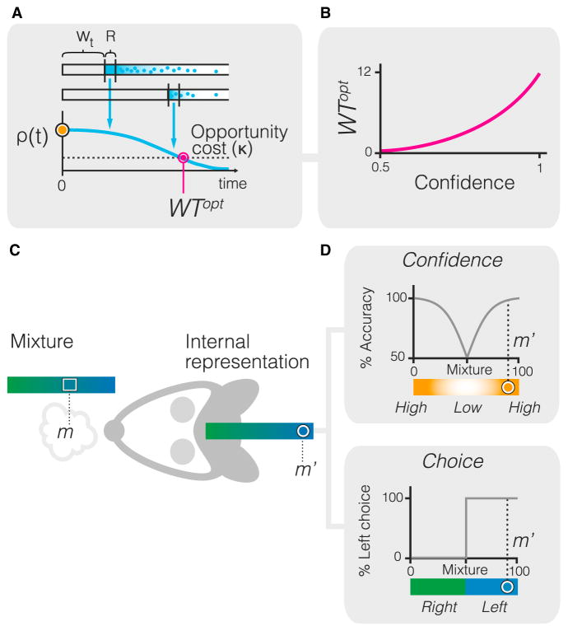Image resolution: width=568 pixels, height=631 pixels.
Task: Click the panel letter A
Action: [x=12, y=9]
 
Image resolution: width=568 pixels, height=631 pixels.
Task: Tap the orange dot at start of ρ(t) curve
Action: [x=62, y=130]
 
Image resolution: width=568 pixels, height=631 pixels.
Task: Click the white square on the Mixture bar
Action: [x=69, y=385]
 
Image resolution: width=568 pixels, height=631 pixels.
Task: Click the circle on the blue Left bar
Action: [x=508, y=587]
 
